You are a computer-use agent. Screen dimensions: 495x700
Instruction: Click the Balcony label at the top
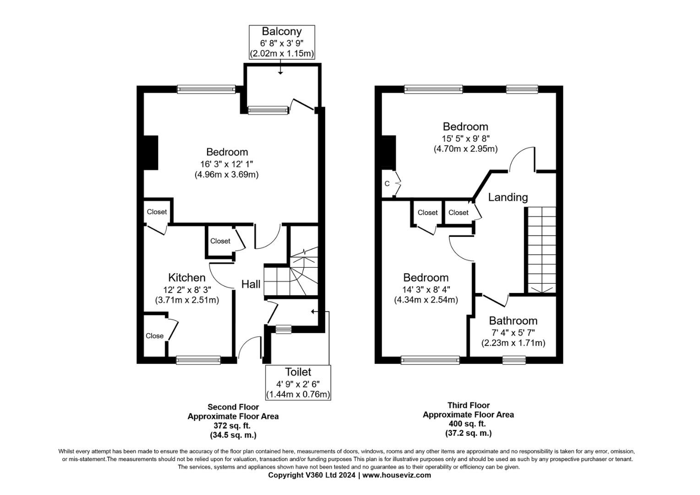(x=281, y=32)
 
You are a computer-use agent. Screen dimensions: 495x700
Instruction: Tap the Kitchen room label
(x=186, y=277)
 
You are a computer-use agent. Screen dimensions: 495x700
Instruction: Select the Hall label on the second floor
(x=251, y=284)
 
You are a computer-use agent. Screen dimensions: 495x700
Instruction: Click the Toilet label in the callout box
(x=298, y=372)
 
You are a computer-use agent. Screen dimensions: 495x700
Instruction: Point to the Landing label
(x=508, y=197)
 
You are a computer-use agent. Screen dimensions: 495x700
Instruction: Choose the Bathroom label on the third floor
(x=513, y=320)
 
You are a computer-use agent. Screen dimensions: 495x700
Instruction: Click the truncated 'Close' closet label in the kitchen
(x=154, y=336)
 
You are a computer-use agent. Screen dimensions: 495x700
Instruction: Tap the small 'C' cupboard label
(x=387, y=184)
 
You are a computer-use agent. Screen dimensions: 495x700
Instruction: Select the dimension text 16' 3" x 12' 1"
(x=226, y=164)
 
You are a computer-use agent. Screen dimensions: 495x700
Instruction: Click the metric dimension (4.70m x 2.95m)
(x=465, y=149)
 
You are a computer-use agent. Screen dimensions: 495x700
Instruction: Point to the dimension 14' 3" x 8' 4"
(x=426, y=289)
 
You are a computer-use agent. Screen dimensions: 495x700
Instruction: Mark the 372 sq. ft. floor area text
(x=233, y=426)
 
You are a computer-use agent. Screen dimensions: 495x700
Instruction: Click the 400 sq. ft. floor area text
(x=468, y=424)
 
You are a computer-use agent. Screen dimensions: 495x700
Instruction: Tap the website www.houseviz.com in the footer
(x=397, y=475)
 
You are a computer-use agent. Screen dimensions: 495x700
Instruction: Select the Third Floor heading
(x=468, y=405)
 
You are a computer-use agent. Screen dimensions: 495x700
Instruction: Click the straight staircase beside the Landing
(x=541, y=250)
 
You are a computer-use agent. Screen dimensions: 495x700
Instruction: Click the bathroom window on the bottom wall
(x=514, y=360)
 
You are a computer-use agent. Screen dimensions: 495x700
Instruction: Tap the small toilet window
(x=284, y=329)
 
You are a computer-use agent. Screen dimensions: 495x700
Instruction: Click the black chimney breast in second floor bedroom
(x=151, y=153)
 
